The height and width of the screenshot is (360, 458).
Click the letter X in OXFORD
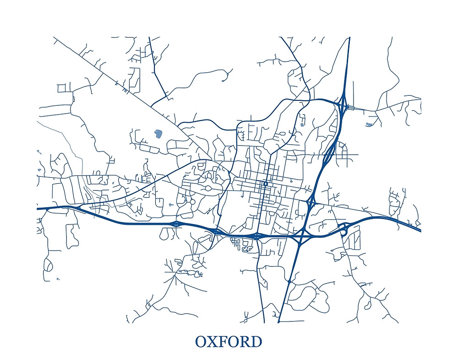pyautogui.click(x=213, y=342)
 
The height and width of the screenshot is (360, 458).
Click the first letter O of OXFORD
pyautogui.click(x=201, y=342)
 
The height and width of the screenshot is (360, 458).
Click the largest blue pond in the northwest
pyautogui.click(x=158, y=134)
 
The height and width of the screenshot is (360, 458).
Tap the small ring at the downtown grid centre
pyautogui.click(x=265, y=184)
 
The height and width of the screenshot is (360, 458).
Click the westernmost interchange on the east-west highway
pyautogui.click(x=176, y=224)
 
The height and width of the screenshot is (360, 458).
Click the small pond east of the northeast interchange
pyautogui.click(x=370, y=124)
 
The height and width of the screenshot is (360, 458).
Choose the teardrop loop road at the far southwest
pyautogui.click(x=48, y=264)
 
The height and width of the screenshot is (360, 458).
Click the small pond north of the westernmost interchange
pyautogui.click(x=170, y=205)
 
